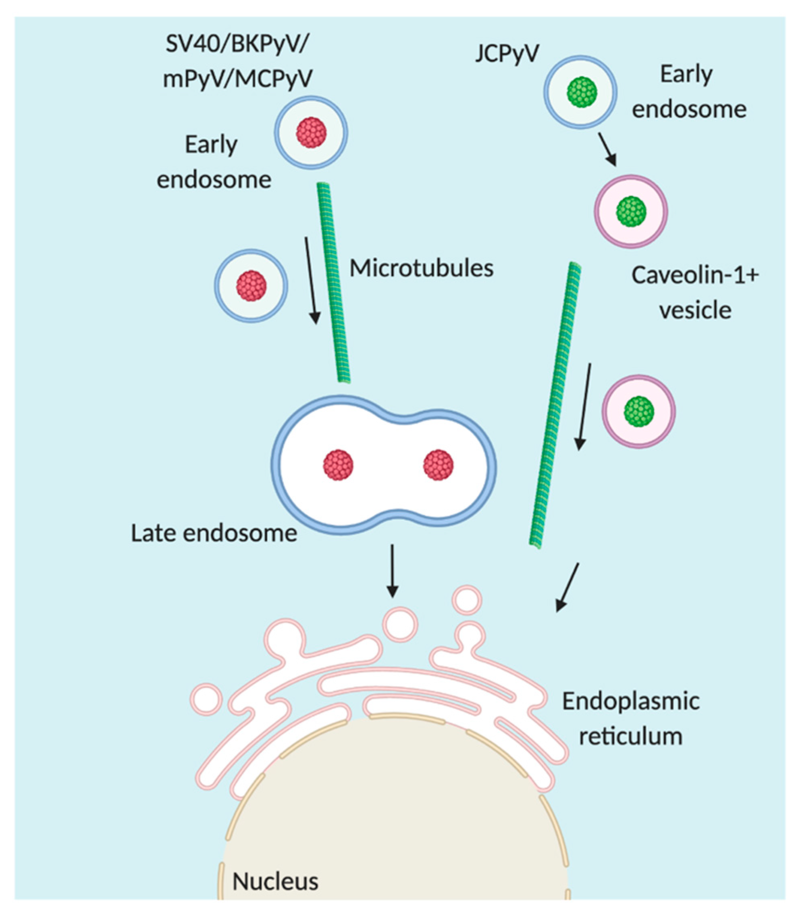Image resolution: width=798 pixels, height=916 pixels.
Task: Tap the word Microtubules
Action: (421, 269)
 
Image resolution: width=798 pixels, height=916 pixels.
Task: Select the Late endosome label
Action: (214, 533)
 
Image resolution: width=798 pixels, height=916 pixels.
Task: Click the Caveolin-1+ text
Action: (695, 275)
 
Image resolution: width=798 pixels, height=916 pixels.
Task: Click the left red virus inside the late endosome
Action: (338, 465)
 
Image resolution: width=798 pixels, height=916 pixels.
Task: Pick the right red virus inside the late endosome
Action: (438, 465)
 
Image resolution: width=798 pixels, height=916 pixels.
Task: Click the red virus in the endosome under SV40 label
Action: (311, 132)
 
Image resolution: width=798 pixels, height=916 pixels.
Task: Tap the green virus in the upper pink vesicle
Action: (631, 212)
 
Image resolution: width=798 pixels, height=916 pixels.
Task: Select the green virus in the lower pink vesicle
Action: (638, 411)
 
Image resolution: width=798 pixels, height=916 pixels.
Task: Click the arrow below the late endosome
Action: (392, 570)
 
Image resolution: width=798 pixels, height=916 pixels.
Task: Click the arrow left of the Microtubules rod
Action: (311, 281)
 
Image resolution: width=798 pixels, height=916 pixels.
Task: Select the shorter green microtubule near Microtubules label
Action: (333, 283)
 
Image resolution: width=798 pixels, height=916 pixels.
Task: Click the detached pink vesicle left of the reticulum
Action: (207, 698)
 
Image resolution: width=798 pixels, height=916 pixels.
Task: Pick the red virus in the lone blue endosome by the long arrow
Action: (251, 285)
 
